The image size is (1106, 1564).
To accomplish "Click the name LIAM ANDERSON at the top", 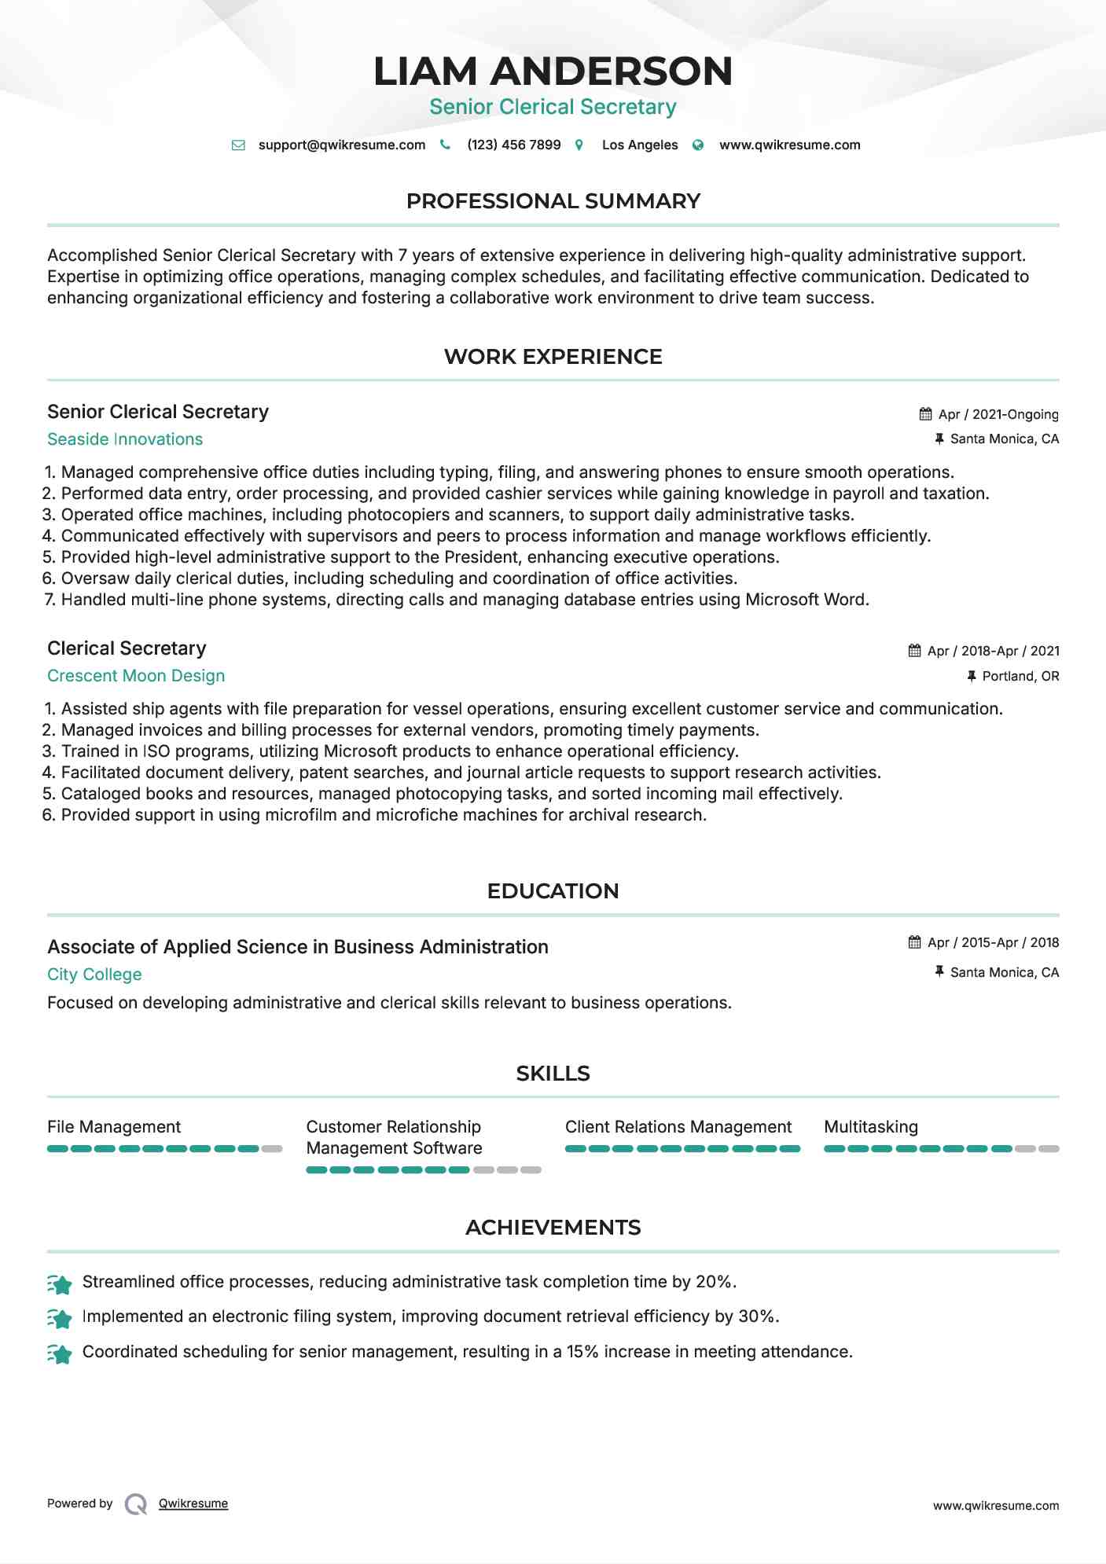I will tap(553, 71).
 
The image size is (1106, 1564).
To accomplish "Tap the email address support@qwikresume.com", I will tap(341, 145).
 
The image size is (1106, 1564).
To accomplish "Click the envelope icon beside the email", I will tap(238, 145).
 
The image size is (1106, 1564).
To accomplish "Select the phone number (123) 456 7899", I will tap(513, 145).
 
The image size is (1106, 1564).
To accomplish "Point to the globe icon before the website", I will tap(698, 145).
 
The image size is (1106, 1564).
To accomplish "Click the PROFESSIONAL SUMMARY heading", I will tap(553, 201).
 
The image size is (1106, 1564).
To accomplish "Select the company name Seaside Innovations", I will tap(125, 439).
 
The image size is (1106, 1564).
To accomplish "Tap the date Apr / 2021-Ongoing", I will tap(998, 414).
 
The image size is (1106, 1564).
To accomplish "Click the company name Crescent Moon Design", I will tap(136, 676).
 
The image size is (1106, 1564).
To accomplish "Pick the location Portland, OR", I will tap(1020, 676).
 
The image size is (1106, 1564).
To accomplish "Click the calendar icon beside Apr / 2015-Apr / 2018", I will tap(914, 942).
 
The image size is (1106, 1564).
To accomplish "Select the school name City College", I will tap(94, 975).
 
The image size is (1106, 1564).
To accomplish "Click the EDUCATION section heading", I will tap(553, 891).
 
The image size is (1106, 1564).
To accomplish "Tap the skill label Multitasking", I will tap(870, 1127).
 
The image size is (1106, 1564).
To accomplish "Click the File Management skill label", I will tap(114, 1127).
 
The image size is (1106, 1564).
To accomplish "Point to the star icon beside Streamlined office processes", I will tap(60, 1284).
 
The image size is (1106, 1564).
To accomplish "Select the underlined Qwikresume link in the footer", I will tap(193, 1503).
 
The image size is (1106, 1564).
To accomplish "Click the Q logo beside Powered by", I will tap(136, 1504).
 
